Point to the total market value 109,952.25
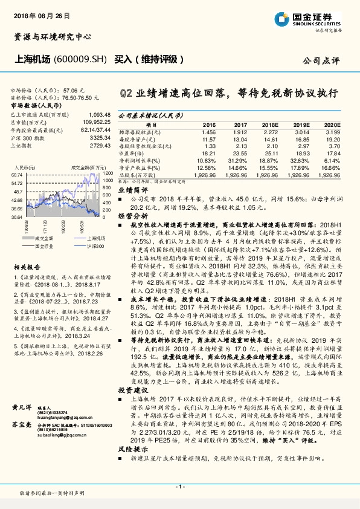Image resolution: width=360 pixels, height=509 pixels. tap(97, 122)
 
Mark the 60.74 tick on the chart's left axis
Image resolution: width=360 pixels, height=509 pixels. tap(17, 173)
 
